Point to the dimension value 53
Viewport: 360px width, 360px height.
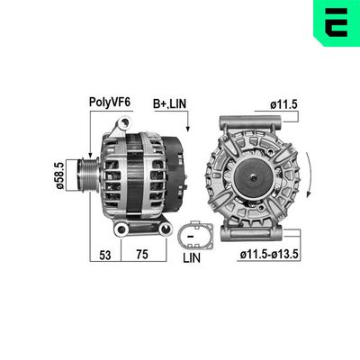pyautogui.click(x=104, y=255)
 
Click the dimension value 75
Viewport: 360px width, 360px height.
pyautogui.click(x=142, y=255)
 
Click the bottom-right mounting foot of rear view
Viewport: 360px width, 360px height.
pyautogui.click(x=291, y=231)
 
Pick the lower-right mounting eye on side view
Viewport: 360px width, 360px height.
pyautogui.click(x=163, y=231)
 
